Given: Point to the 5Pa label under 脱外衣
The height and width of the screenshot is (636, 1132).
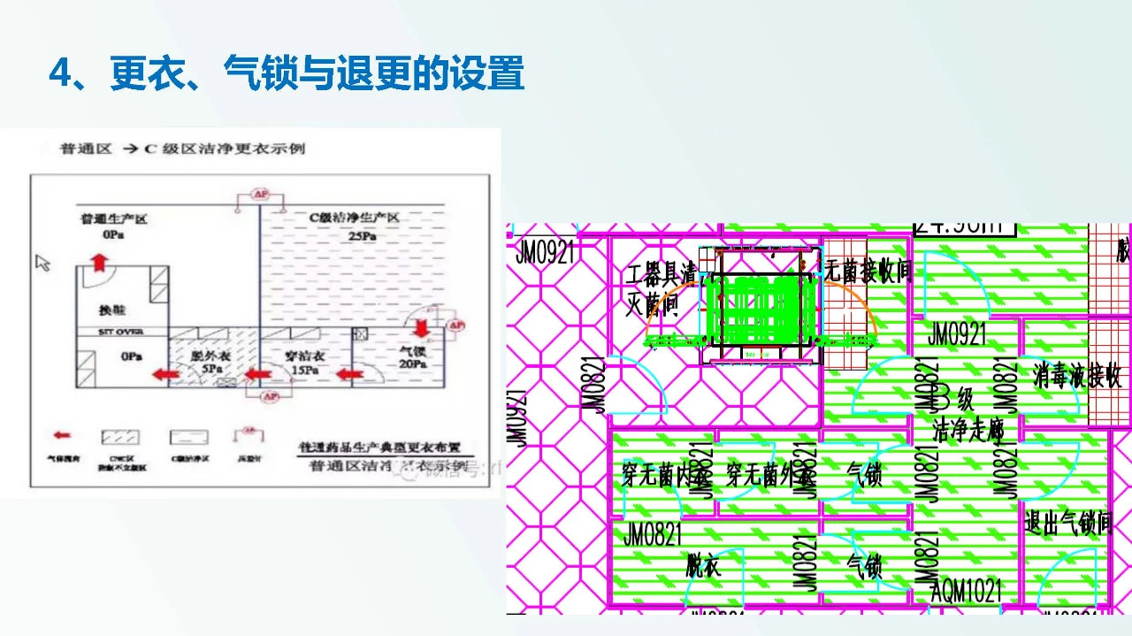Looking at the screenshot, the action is pos(210,368).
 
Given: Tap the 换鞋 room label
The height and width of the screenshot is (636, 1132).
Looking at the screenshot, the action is pos(112,310).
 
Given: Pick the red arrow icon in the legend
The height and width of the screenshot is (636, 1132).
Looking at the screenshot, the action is pos(62,435).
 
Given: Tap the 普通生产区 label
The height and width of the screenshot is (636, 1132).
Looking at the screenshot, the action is pos(113,218).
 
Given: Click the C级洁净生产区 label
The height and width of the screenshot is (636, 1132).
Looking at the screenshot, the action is pos(354,218).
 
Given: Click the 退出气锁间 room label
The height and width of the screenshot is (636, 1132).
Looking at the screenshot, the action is pos(1067,523).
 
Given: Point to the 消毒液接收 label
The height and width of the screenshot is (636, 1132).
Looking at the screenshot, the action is pos(1076,376).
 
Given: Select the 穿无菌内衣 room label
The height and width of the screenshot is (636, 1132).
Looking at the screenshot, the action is pos(665,476).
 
